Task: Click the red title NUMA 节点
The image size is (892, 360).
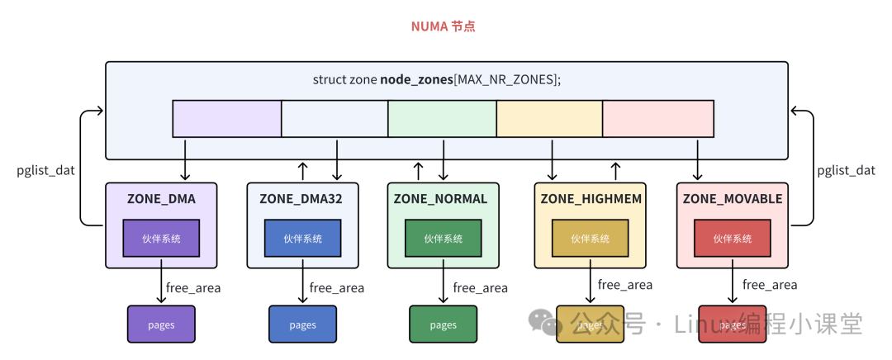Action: [444, 26]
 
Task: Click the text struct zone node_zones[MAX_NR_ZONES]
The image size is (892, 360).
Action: [437, 79]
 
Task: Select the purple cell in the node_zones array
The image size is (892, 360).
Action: [227, 119]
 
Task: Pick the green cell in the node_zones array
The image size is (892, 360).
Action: [442, 119]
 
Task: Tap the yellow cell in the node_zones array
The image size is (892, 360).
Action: [549, 119]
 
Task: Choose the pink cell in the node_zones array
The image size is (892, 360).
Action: [658, 119]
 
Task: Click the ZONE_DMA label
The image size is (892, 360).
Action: [161, 199]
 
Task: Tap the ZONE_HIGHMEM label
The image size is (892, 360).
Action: [591, 199]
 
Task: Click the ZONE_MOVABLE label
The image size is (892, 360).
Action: [732, 199]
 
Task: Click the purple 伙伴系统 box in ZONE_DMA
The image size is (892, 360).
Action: [161, 238]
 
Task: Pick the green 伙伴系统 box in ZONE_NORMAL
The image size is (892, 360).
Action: [443, 238]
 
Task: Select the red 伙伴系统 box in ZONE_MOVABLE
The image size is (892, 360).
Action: [732, 238]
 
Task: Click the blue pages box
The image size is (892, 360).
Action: [302, 324]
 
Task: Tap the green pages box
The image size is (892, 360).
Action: [444, 324]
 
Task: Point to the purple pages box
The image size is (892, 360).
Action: [161, 324]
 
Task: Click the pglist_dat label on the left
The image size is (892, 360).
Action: [46, 170]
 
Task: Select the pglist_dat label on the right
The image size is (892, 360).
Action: [846, 170]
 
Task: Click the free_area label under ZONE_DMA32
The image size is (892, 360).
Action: [337, 288]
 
